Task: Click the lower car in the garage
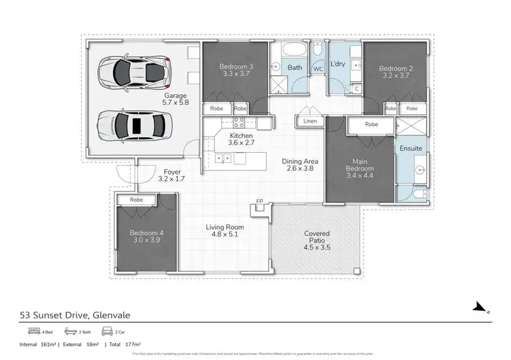coord(134,125)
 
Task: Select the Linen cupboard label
coord(310,121)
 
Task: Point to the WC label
coord(318,69)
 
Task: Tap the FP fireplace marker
coord(259,201)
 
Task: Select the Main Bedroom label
coord(358,164)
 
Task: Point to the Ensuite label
coord(410,148)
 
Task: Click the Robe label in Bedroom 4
coord(136,200)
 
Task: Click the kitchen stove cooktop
coord(239,123)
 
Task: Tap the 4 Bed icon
coord(29,332)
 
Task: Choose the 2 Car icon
coord(108,332)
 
